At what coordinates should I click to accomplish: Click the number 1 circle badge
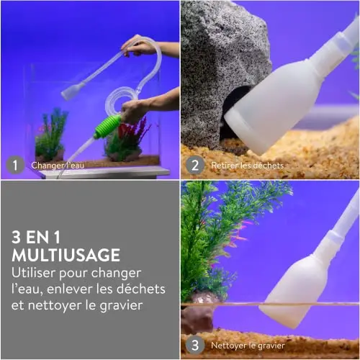click(x=15, y=165)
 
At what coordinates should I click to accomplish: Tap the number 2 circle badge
click(x=195, y=165)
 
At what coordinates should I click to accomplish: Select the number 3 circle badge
click(x=195, y=345)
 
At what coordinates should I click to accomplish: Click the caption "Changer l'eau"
click(x=58, y=166)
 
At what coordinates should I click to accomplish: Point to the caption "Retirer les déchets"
click(x=248, y=166)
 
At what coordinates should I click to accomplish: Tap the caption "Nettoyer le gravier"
click(x=248, y=346)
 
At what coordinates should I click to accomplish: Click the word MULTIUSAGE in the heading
click(x=66, y=255)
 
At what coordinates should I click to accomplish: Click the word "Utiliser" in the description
click(x=33, y=273)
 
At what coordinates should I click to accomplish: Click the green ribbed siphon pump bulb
click(x=107, y=127)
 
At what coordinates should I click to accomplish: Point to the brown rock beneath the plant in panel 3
click(x=197, y=317)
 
